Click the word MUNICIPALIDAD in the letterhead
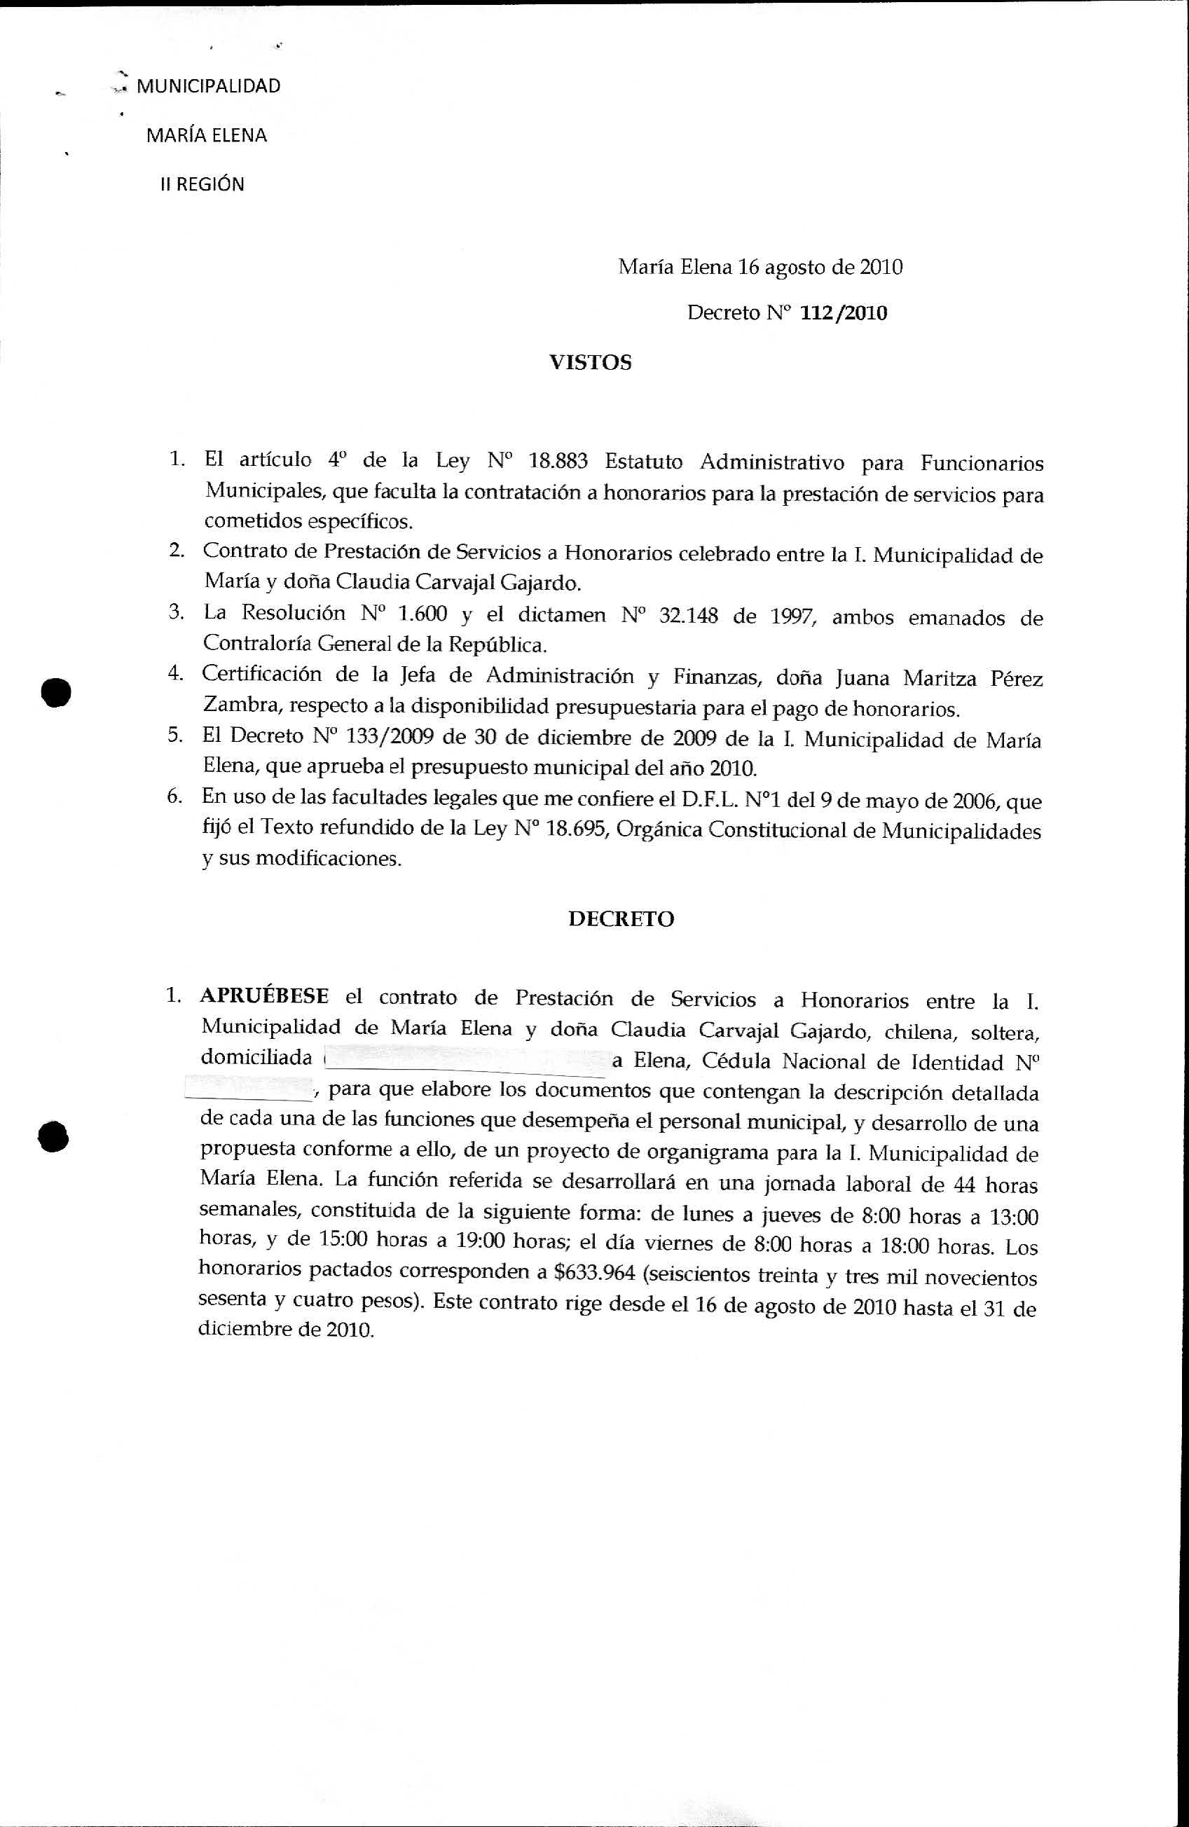[x=208, y=86]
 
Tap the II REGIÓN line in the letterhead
[x=202, y=184]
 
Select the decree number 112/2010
[x=844, y=313]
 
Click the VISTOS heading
[x=590, y=362]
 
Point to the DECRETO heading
[x=621, y=919]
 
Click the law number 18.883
[x=558, y=462]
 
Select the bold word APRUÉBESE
[x=265, y=996]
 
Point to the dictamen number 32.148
[x=688, y=616]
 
